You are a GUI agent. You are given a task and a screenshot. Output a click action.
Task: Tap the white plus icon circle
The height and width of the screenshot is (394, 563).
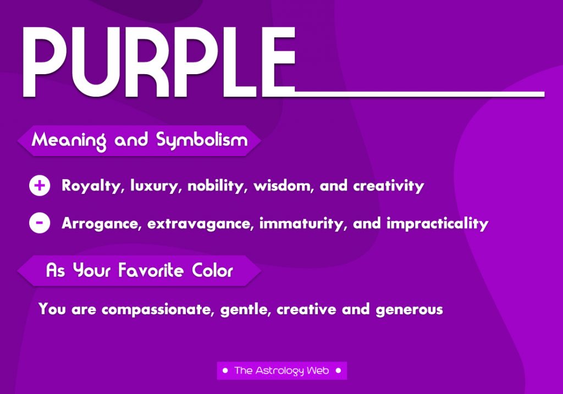point(40,186)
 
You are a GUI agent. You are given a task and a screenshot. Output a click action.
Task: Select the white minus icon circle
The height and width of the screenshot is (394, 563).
point(40,223)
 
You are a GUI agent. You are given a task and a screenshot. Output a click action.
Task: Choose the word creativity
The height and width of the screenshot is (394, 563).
point(389,186)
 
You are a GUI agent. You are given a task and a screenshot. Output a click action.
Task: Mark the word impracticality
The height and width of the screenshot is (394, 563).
point(437,224)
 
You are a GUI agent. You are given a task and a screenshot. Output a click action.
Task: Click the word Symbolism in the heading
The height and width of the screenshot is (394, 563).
point(202,140)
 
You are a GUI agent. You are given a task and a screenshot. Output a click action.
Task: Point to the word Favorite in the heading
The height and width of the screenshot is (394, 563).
point(151,270)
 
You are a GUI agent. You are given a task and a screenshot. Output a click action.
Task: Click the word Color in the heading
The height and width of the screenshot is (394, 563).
point(212,270)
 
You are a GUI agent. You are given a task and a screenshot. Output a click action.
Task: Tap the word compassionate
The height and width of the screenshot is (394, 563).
point(158,310)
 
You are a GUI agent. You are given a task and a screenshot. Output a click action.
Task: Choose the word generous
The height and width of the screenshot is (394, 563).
point(409,310)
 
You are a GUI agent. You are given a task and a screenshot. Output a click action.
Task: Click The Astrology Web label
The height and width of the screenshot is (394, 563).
point(282,371)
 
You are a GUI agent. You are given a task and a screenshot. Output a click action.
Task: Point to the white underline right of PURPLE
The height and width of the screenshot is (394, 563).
point(420,95)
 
